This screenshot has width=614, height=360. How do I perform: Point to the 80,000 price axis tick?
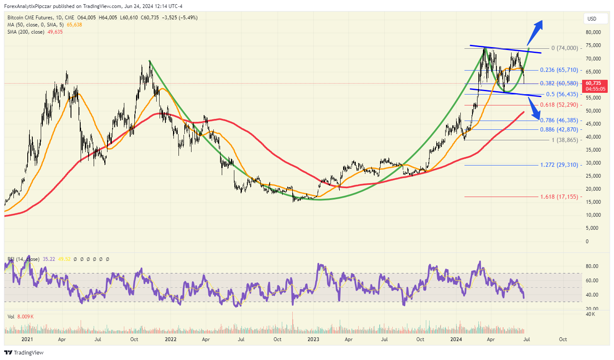[x=593, y=32]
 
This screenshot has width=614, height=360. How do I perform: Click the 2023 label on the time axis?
[x=313, y=339]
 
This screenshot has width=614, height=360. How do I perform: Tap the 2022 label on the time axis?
[x=171, y=339]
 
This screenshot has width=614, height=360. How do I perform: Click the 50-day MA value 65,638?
[x=74, y=25]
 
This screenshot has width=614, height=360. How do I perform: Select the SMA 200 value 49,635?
[x=55, y=32]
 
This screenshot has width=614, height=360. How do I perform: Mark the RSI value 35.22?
[x=49, y=259]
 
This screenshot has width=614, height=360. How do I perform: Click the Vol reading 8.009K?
[x=26, y=317]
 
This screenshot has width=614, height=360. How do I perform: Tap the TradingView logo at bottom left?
[x=24, y=352]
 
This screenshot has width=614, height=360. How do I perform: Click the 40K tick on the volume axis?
[x=590, y=314]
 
